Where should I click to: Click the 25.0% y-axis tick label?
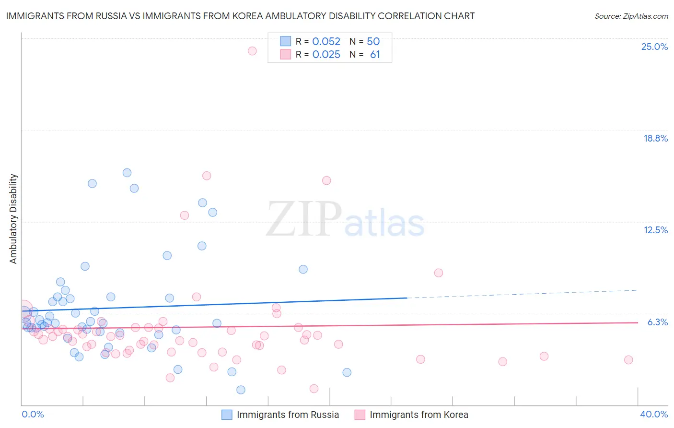[654, 47]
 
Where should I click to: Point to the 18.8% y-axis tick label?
[655, 138]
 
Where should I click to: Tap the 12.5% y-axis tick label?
[655, 230]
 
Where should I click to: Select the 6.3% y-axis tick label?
[657, 322]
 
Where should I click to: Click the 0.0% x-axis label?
[33, 414]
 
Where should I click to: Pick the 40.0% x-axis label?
[653, 414]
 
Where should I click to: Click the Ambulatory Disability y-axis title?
[13, 218]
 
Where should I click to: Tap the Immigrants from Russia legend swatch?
[227, 415]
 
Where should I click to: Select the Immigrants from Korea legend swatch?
[360, 415]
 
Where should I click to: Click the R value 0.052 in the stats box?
[326, 42]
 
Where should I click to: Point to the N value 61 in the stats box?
[375, 55]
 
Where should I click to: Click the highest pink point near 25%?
[252, 51]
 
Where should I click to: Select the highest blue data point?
[127, 173]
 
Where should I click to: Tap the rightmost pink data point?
[628, 360]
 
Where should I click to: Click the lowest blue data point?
[241, 390]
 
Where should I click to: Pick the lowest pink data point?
[314, 389]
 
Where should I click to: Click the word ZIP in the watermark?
[303, 219]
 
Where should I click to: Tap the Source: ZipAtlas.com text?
[631, 16]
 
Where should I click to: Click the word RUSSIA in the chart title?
[110, 16]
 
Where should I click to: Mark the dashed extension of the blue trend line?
[523, 294]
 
